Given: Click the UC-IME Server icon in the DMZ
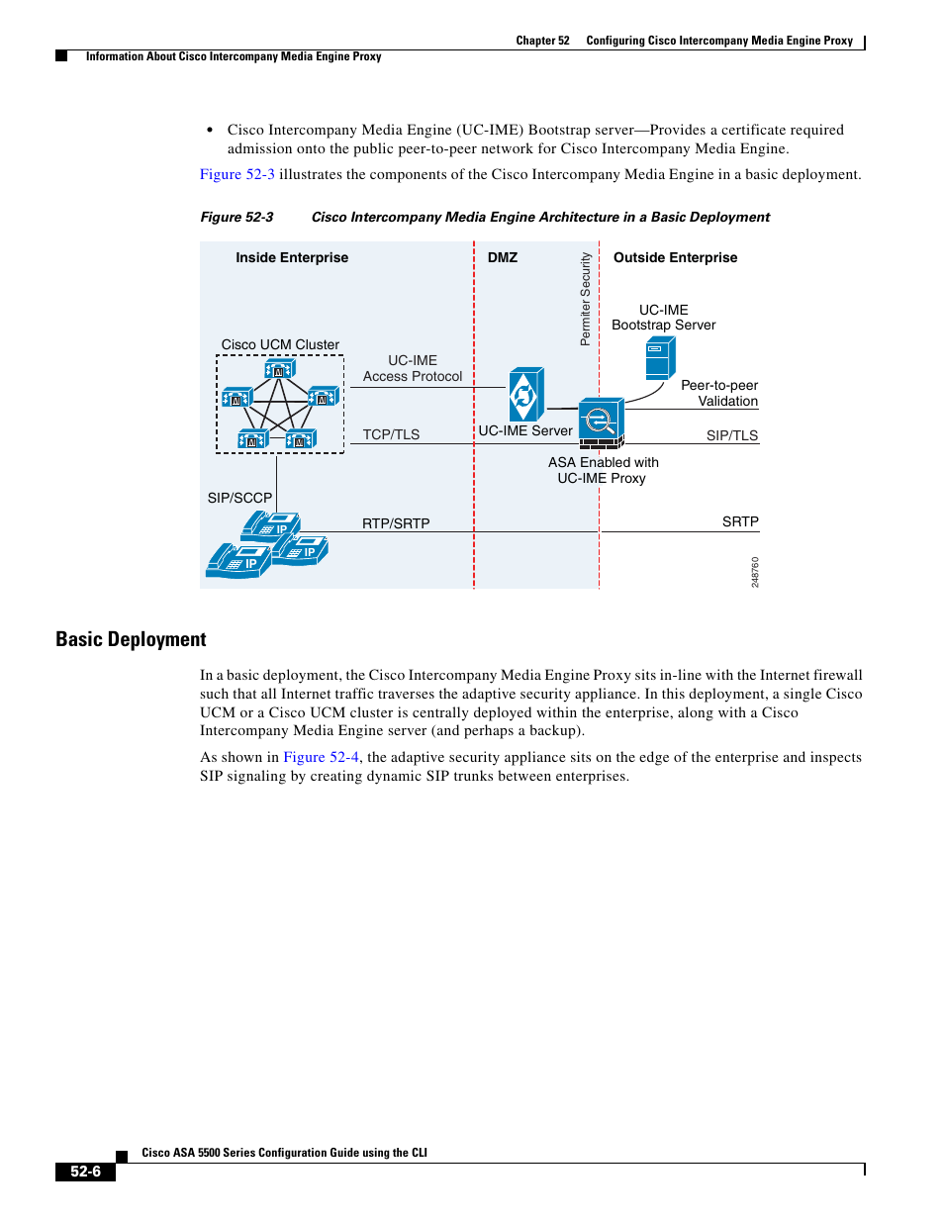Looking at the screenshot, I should [526, 395].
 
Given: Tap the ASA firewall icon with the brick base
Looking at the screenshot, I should [601, 423].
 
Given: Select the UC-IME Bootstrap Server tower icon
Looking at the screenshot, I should [660, 358].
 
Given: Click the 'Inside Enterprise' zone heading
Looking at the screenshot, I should [292, 258].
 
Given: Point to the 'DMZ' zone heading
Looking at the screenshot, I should [503, 258].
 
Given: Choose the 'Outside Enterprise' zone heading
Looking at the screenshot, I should [675, 258].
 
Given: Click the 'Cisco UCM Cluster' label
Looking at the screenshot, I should [280, 345].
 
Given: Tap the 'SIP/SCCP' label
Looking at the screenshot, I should [239, 499].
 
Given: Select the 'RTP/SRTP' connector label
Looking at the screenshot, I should [396, 524].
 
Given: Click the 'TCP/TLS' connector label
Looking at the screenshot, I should [391, 435].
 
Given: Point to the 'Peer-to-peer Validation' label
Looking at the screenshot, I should [720, 394].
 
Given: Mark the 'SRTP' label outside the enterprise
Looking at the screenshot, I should [740, 522].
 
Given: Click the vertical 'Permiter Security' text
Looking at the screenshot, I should [586, 299].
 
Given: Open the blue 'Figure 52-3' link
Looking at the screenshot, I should [237, 175].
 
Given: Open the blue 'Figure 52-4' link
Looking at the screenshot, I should [322, 758].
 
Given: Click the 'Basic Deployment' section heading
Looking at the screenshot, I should [131, 640].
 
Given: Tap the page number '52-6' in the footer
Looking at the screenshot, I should [85, 1172].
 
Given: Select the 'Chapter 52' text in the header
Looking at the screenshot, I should [542, 42].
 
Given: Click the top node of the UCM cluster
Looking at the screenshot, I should [280, 370].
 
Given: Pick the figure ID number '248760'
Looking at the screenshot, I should [755, 572].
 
